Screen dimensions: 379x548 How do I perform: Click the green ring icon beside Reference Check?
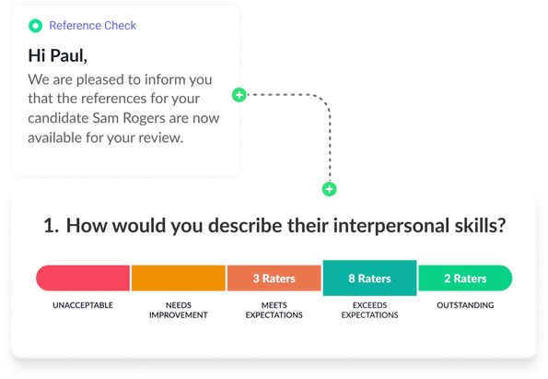coord(35,26)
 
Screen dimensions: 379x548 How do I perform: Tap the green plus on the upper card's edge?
coord(239,95)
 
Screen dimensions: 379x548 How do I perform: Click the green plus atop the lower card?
coord(329,189)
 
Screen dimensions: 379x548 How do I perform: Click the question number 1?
coord(51,226)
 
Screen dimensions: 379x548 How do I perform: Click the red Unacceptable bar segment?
coord(83,278)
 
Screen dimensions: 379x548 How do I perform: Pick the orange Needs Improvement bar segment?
coord(179,278)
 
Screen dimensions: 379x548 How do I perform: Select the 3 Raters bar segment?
coord(274,278)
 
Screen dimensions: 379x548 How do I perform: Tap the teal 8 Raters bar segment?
coord(369,278)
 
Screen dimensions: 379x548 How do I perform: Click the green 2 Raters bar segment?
coord(464,278)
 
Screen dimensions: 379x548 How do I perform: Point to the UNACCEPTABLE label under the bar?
coord(83,305)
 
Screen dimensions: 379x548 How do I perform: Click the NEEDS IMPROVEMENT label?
coord(179,310)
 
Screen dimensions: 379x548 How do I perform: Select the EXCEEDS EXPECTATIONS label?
coord(369,310)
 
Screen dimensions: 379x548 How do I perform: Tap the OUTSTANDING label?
coord(464,305)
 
